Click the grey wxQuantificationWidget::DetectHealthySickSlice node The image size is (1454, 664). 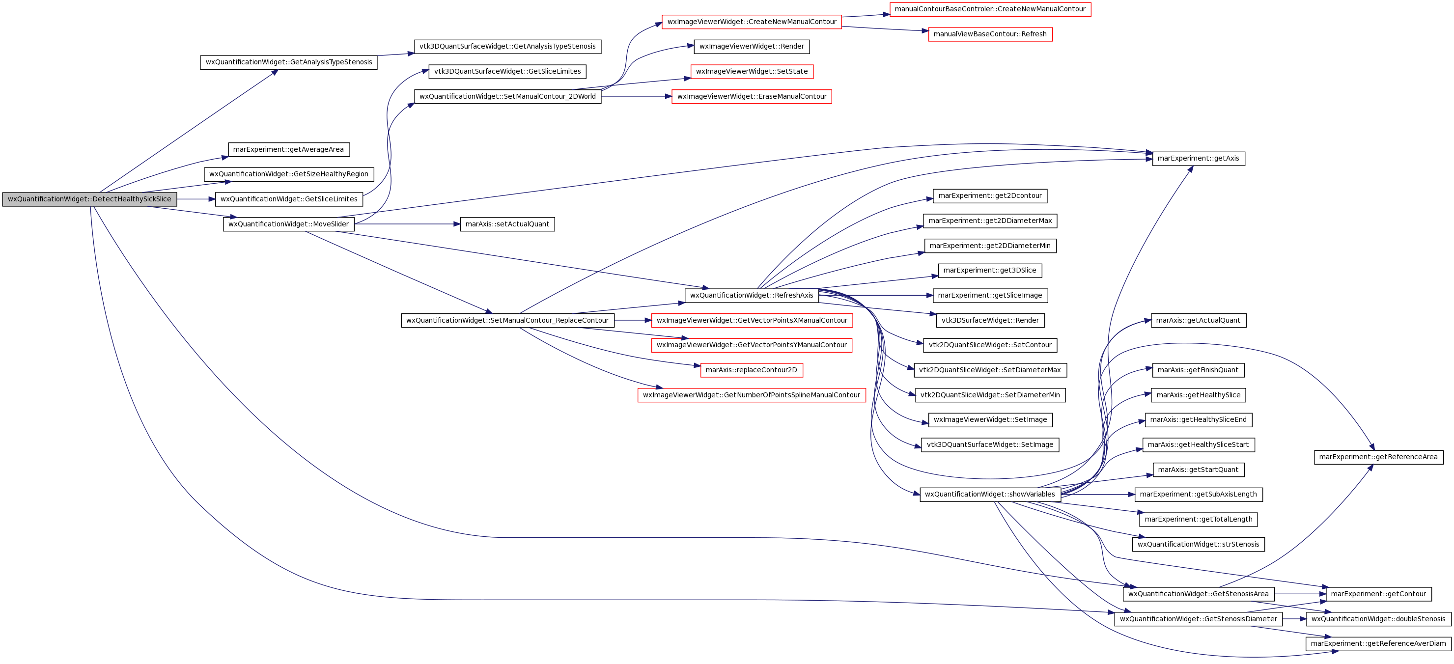pos(90,199)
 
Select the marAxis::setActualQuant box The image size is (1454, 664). pos(507,224)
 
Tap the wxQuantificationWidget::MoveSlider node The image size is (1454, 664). pos(288,224)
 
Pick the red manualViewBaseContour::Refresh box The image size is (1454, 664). pos(990,34)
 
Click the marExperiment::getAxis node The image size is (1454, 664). pos(1198,159)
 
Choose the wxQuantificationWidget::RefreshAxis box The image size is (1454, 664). pos(751,295)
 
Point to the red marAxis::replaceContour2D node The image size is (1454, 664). pos(751,370)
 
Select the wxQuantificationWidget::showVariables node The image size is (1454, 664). pos(990,494)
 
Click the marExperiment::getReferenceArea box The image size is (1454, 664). pos(1378,457)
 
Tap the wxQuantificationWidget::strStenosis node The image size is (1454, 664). pos(1198,544)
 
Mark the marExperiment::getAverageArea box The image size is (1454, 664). pos(288,149)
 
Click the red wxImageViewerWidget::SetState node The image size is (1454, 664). pos(751,72)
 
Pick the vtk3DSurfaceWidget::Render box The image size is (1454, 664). pos(990,320)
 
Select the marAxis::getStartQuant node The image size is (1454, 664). pos(1198,470)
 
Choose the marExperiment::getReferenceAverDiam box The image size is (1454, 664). pos(1378,644)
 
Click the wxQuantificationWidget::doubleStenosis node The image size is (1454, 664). pos(1378,619)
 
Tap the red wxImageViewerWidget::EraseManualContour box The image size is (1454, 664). pos(751,96)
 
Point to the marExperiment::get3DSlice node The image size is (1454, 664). pos(990,270)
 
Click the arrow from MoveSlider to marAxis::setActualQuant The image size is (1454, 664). pos(407,224)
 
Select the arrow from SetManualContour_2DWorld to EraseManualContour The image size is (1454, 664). pos(636,96)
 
